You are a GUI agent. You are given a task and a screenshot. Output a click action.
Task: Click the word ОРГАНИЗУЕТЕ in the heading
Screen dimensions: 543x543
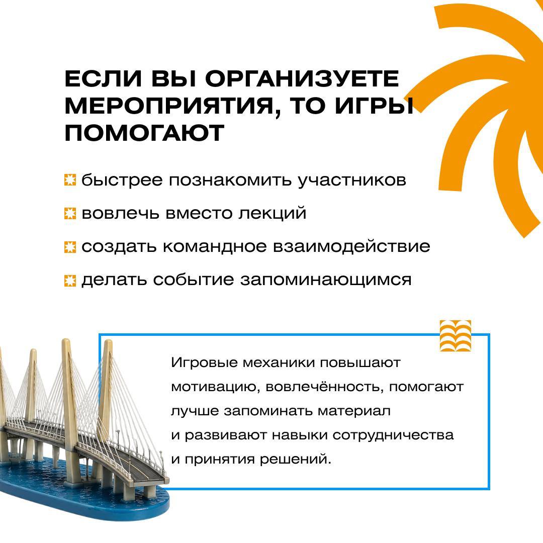[302, 78]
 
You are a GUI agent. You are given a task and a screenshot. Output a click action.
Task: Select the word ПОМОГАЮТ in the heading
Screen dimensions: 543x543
[144, 133]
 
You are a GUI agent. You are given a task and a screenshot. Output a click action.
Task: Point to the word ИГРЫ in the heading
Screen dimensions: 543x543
[374, 106]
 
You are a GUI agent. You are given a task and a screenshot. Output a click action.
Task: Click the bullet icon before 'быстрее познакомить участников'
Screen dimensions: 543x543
[70, 180]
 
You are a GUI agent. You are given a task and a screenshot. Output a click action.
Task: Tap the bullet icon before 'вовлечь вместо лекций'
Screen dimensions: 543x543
[70, 213]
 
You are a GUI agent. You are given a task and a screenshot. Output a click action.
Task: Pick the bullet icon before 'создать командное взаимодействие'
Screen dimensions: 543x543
[70, 247]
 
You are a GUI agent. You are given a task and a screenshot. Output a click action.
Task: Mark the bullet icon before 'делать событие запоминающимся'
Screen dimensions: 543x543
[70, 280]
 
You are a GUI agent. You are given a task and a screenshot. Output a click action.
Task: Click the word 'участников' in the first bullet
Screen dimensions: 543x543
[352, 181]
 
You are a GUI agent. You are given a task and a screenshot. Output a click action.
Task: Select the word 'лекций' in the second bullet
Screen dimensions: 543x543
[272, 213]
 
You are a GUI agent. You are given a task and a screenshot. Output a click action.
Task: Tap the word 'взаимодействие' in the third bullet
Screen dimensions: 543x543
[351, 246]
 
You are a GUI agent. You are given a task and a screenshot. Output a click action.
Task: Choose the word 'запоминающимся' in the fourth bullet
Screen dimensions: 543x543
[326, 280]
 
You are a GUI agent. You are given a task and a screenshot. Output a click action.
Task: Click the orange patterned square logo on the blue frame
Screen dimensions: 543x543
[456, 335]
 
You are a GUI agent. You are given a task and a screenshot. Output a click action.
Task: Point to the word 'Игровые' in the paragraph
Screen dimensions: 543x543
[204, 364]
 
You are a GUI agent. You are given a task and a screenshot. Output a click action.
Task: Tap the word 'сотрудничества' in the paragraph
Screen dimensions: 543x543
[393, 435]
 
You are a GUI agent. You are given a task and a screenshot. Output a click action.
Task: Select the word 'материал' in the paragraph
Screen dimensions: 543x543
[354, 411]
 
